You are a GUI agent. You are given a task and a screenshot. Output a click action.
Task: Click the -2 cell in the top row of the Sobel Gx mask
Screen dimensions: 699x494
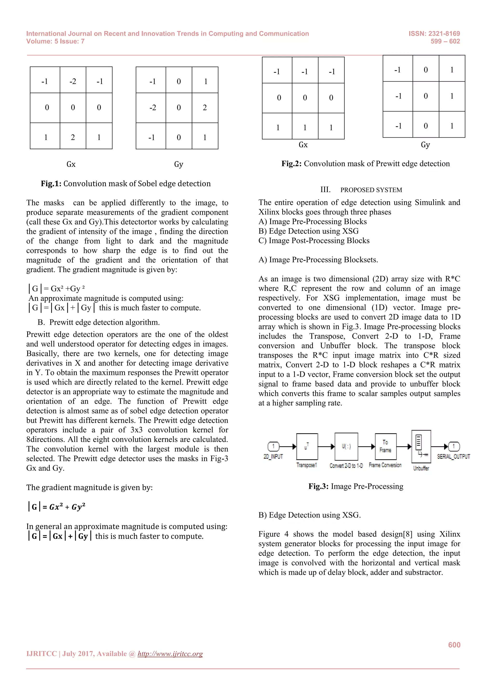click(73, 81)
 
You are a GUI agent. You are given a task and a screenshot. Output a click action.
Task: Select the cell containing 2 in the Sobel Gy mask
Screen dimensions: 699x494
click(205, 107)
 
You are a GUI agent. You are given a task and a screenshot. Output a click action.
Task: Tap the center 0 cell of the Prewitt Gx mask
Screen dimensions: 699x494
click(305, 98)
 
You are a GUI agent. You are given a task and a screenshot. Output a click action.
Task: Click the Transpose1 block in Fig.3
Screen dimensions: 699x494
click(307, 447)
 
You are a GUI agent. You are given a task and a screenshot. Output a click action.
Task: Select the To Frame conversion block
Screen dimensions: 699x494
click(385, 446)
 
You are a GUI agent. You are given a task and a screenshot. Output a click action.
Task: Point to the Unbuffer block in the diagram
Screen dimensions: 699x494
click(421, 446)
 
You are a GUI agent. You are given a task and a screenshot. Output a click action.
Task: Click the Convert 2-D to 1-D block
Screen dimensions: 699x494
click(346, 446)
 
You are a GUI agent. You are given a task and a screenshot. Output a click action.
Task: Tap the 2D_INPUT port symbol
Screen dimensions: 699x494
click(273, 447)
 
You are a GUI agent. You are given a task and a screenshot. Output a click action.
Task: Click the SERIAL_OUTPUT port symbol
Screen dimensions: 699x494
click(453, 447)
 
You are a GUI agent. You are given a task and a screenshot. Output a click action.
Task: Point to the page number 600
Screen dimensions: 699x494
click(454, 645)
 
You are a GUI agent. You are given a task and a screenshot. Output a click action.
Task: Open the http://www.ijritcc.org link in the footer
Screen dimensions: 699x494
click(170, 654)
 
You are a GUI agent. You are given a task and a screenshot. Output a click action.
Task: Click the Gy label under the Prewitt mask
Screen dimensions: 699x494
click(425, 145)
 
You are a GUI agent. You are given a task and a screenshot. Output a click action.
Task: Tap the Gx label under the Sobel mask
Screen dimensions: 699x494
click(71, 164)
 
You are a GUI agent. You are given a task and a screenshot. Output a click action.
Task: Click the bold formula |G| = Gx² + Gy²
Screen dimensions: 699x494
click(57, 507)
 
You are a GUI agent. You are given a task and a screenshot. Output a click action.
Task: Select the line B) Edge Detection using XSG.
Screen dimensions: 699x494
click(309, 515)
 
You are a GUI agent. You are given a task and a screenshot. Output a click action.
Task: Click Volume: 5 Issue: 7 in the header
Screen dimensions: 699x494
click(55, 42)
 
